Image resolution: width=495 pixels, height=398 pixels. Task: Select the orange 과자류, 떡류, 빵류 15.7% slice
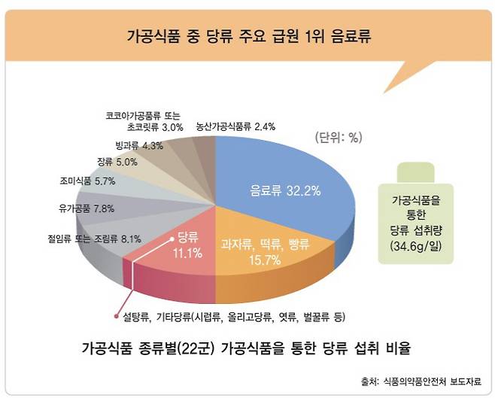click(x=251, y=250)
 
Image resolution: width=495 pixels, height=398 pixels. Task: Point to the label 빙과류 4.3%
click(x=140, y=145)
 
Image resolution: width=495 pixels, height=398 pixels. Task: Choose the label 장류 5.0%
click(x=117, y=161)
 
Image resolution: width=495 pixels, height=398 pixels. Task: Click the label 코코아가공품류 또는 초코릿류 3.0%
click(x=142, y=122)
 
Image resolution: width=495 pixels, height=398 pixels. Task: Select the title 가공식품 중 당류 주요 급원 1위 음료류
click(x=247, y=35)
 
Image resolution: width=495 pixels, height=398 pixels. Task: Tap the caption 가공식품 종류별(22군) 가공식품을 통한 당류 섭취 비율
click(x=247, y=349)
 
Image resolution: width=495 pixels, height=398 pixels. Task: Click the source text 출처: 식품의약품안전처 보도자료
click(x=424, y=381)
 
